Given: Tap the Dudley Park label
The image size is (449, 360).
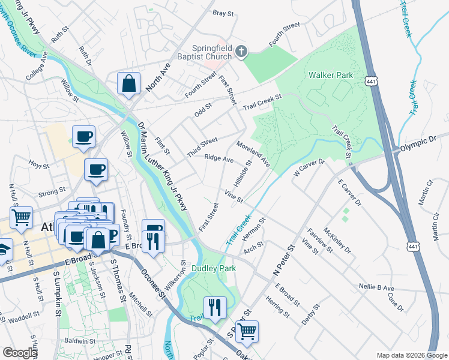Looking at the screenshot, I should (214, 268).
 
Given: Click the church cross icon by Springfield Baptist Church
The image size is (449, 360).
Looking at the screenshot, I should (241, 52).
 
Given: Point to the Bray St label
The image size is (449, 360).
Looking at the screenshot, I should (223, 13).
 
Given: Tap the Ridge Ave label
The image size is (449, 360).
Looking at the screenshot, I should (218, 159).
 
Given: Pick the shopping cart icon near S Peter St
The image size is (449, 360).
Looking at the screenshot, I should (246, 331).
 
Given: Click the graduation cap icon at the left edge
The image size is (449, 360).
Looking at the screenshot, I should (5, 248).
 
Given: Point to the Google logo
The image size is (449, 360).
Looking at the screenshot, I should (20, 353).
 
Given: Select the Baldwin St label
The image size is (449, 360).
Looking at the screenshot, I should (76, 340).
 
